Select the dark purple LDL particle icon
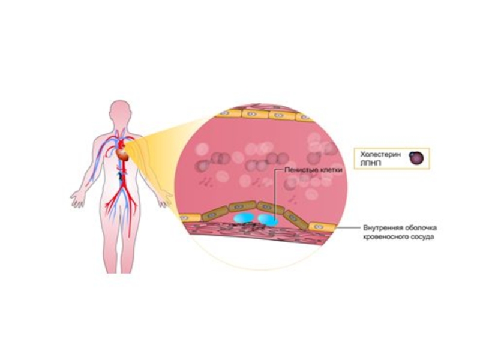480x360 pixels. (x=417, y=157)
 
